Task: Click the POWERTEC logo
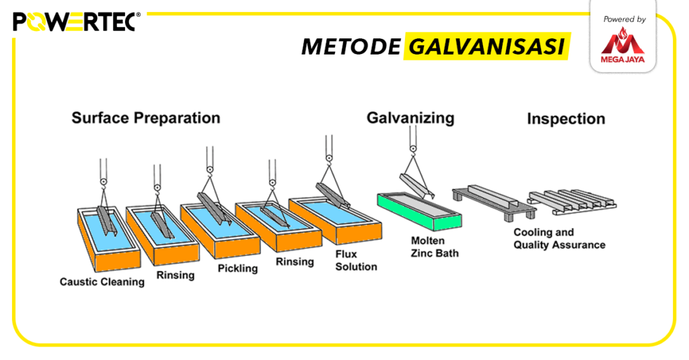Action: (75, 22)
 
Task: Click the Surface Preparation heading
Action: (146, 118)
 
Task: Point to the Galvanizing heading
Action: (410, 118)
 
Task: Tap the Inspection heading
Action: (566, 119)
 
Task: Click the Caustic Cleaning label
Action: (102, 282)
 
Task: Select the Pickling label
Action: (238, 268)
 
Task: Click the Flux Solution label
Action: (356, 260)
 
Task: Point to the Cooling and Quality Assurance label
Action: (559, 239)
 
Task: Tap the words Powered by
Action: (624, 20)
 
